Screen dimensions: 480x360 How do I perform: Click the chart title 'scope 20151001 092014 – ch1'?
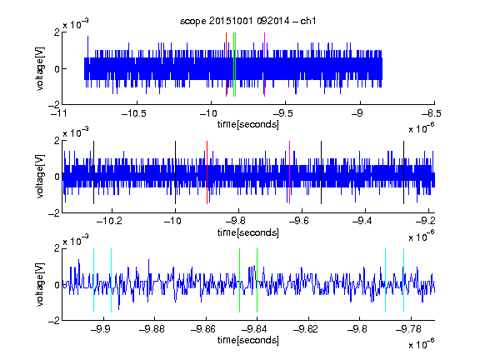[x=248, y=21]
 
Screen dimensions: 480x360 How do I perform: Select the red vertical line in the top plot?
[x=226, y=65]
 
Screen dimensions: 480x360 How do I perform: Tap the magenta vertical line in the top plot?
[x=264, y=65]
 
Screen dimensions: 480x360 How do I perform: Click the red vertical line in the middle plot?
[x=207, y=172]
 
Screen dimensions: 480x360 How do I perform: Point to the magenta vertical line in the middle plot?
[x=290, y=172]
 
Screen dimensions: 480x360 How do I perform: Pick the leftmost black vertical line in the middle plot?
[x=93, y=172]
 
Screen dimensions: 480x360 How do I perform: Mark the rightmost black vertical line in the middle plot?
[x=404, y=172]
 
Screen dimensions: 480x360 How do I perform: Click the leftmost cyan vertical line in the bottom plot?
[x=93, y=280]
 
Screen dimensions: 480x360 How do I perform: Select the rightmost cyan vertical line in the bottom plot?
[x=404, y=280]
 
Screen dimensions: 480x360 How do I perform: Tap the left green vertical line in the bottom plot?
[x=239, y=280]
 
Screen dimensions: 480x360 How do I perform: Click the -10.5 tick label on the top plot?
[x=134, y=114]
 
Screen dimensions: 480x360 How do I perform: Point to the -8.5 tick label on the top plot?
[x=432, y=114]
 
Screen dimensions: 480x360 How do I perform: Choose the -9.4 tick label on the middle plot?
[x=362, y=221]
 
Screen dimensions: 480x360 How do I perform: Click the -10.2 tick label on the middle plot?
[x=110, y=221]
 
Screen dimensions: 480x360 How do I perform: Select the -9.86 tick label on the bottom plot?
[x=203, y=329]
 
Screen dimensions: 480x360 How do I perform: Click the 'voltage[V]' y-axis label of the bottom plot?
[x=40, y=284]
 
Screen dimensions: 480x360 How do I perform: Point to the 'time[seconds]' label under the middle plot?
[x=248, y=232]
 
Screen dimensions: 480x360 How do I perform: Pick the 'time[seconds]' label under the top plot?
[x=248, y=124]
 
